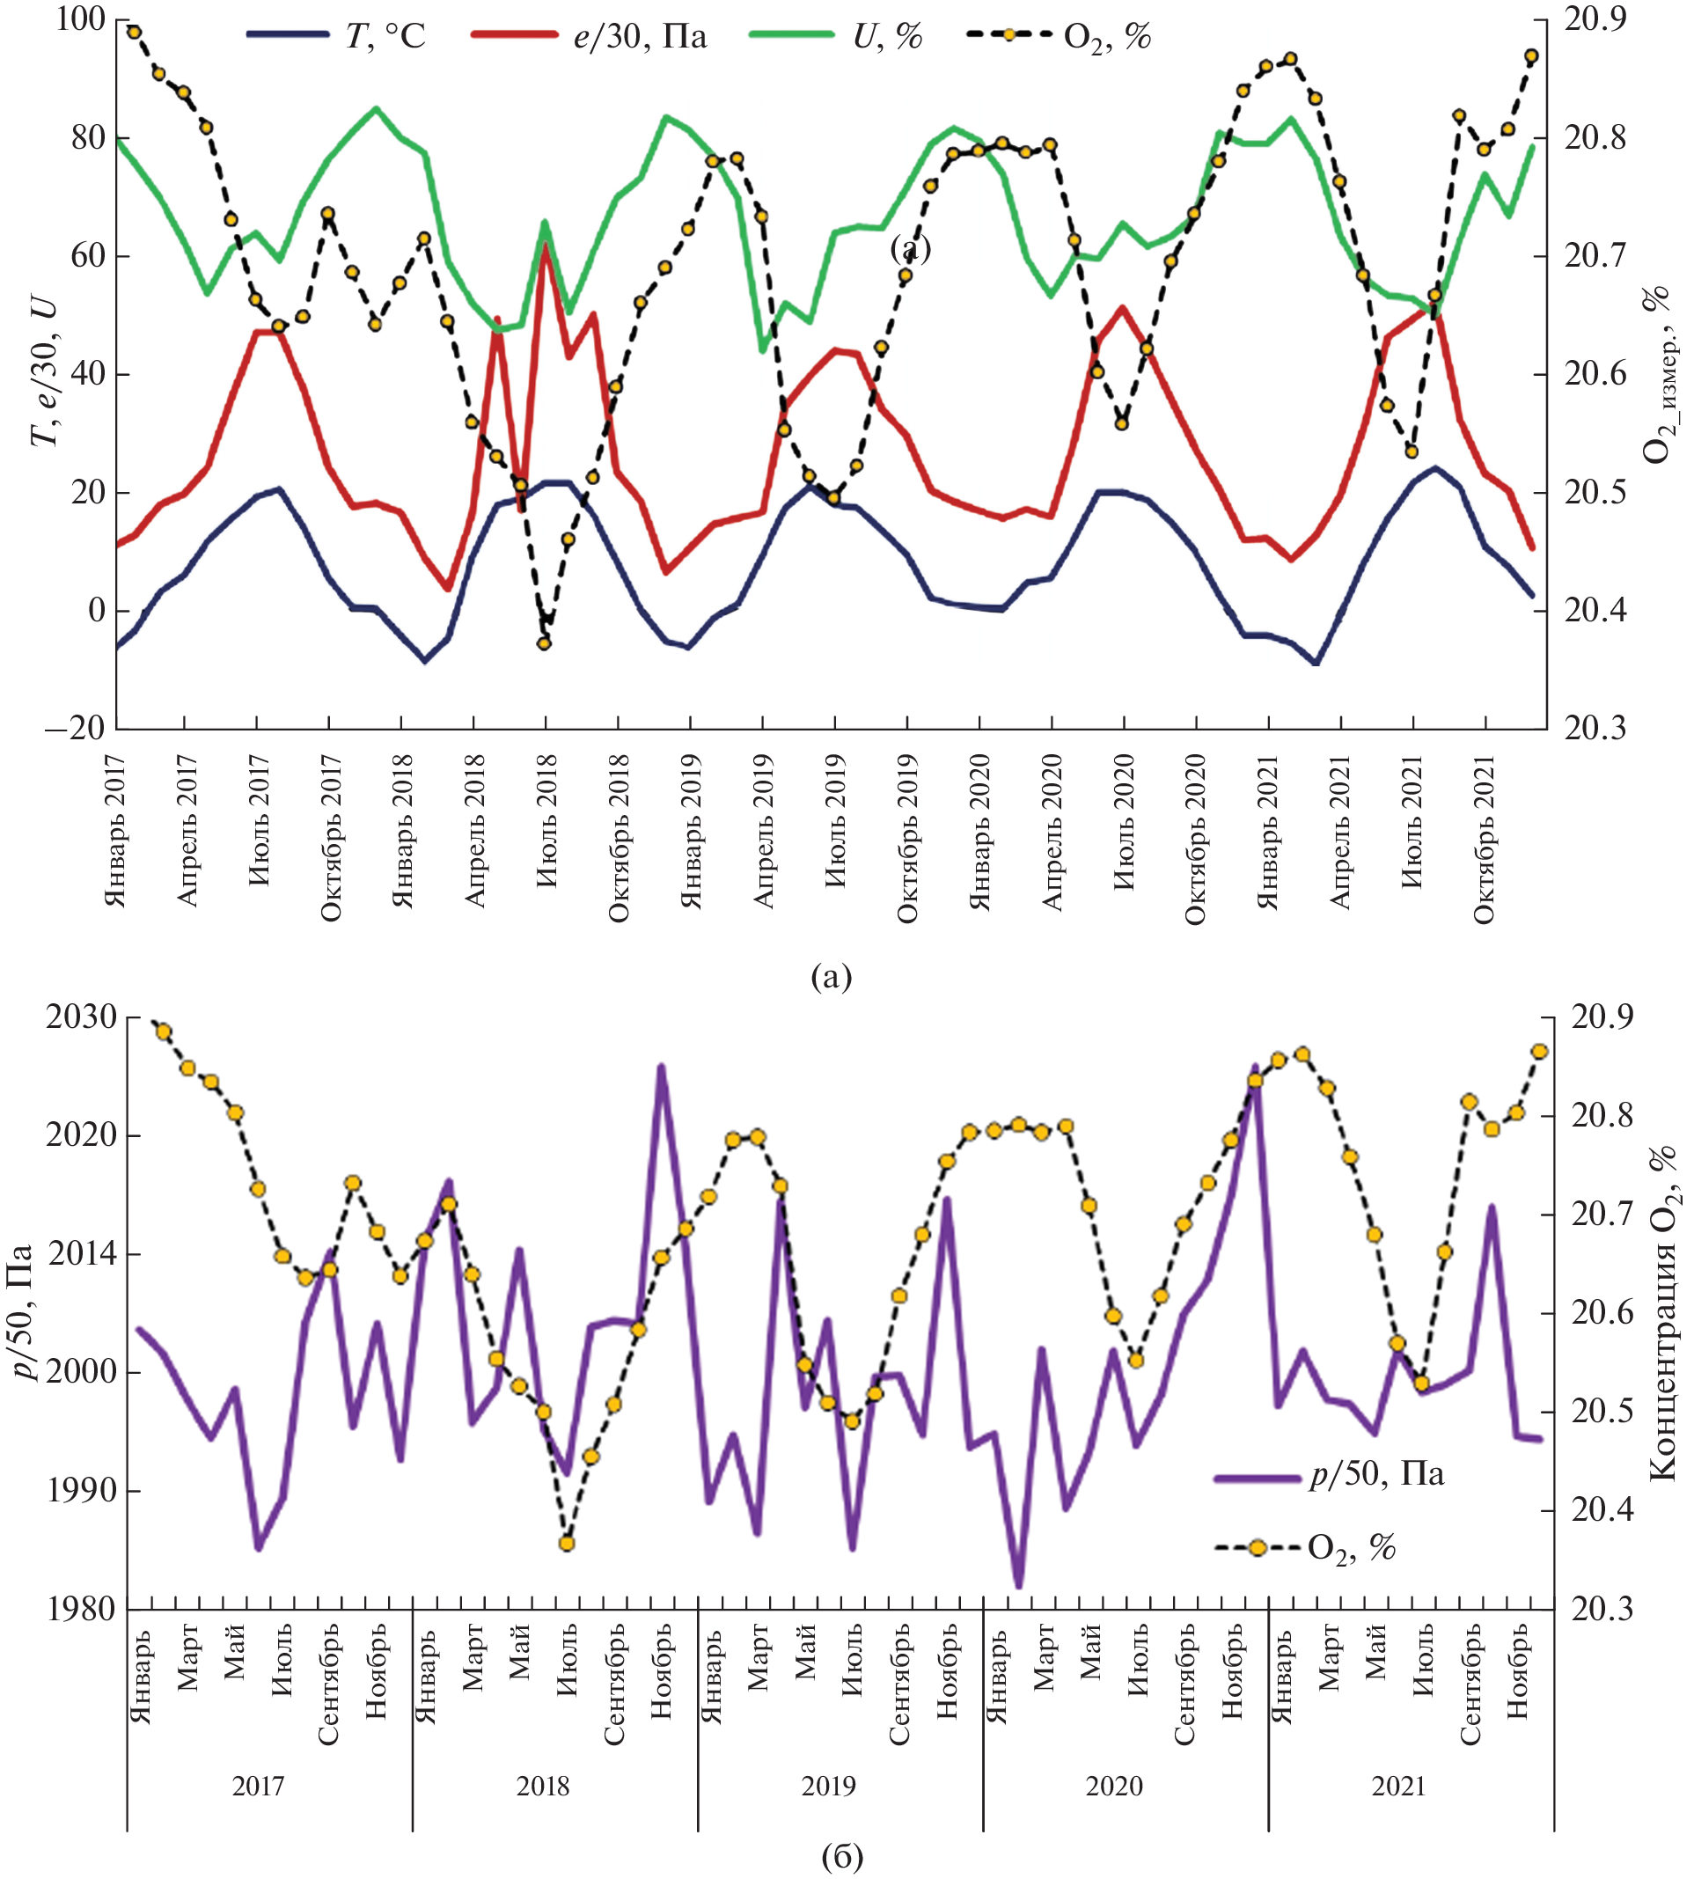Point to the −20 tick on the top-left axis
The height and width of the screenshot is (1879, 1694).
(75, 728)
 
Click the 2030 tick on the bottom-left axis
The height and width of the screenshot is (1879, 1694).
(82, 1017)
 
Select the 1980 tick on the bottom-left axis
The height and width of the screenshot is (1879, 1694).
(82, 1609)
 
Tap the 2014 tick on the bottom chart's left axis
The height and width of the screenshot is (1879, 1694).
(82, 1253)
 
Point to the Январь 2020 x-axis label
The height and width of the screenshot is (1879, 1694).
(980, 831)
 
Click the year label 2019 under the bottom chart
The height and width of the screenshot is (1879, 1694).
(828, 1786)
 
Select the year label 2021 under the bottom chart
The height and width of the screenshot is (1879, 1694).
(1399, 1786)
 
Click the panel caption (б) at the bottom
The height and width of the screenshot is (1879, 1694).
(842, 1856)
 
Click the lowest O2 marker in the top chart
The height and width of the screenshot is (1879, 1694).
(545, 643)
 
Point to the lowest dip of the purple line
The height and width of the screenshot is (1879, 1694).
(1018, 1585)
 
